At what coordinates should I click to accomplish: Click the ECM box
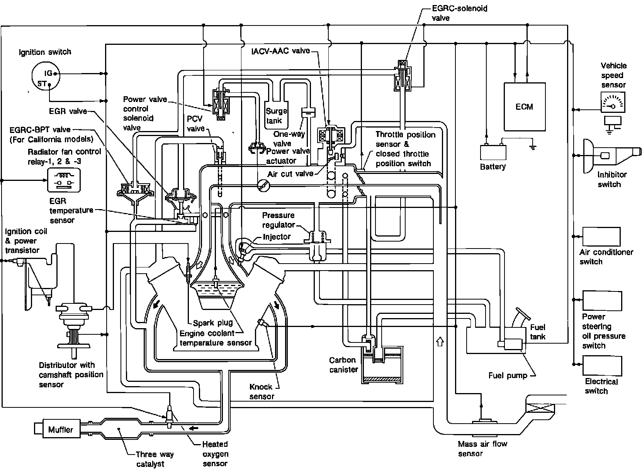pyautogui.click(x=524, y=107)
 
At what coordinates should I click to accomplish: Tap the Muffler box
pyautogui.click(x=60, y=429)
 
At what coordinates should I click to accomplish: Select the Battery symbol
pyautogui.click(x=493, y=152)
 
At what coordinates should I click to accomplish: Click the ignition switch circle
pyautogui.click(x=46, y=77)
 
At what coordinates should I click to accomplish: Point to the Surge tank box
pyautogui.click(x=276, y=115)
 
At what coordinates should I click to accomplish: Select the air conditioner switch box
pyautogui.click(x=601, y=237)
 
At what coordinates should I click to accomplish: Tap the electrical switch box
pyautogui.click(x=602, y=365)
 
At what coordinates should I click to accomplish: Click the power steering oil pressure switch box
pyautogui.click(x=602, y=300)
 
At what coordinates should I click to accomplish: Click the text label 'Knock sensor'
pyautogui.click(x=261, y=392)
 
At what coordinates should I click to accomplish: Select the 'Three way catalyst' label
pyautogui.click(x=155, y=459)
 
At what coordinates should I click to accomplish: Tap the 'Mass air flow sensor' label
pyautogui.click(x=482, y=448)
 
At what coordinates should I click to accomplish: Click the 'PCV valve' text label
pyautogui.click(x=195, y=124)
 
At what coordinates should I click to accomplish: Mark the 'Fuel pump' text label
pyautogui.click(x=508, y=375)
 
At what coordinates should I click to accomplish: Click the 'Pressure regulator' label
pyautogui.click(x=278, y=220)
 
